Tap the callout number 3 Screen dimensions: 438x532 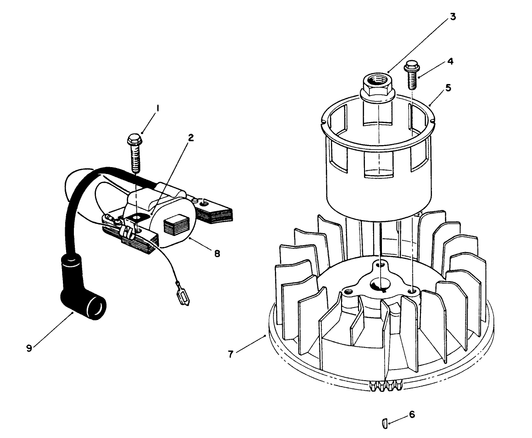tap(452, 17)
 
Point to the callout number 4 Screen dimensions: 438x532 tap(451, 61)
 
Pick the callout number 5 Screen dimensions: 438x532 tap(448, 87)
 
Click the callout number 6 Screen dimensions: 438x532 tap(412, 414)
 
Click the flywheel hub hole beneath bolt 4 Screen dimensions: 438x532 tap(414, 291)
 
